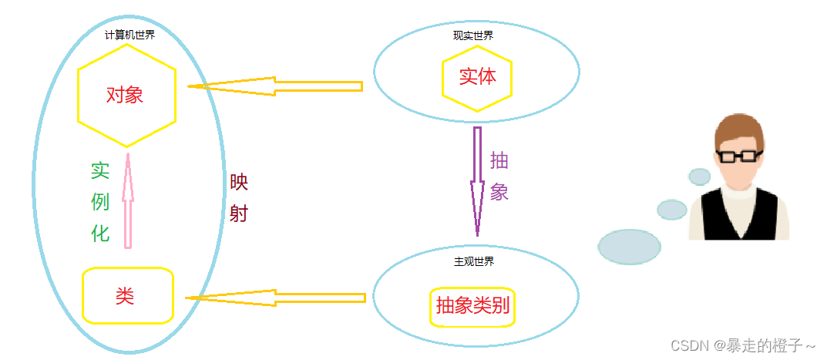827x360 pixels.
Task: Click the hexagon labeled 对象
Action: pos(126,96)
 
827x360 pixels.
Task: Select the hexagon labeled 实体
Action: pos(476,77)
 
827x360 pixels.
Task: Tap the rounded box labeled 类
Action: pos(127,295)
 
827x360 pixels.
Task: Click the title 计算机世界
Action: pos(129,35)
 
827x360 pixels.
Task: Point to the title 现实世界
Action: pos(473,35)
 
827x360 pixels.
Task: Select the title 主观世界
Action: pos(474,261)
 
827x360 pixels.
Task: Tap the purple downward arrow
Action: pos(478,181)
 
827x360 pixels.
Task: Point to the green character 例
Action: pos(100,202)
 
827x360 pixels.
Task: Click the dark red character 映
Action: pos(239,183)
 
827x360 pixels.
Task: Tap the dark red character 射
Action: pos(239,213)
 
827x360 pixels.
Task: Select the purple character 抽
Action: pos(499,160)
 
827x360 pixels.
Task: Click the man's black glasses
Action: pos(739,156)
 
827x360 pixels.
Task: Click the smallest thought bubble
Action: pos(699,177)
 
